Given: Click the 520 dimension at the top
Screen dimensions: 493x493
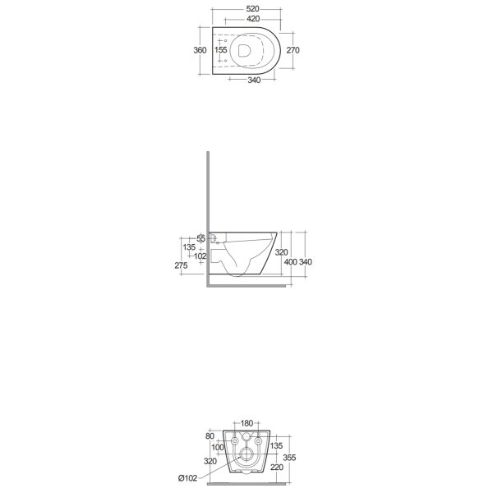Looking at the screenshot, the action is (x=252, y=9).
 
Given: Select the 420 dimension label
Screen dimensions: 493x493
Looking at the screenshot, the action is (x=253, y=19).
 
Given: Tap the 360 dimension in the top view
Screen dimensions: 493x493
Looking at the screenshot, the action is (x=200, y=50).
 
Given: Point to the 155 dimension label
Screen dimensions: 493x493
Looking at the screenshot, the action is (x=221, y=50).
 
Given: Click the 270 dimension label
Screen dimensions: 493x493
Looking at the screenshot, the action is (x=293, y=50).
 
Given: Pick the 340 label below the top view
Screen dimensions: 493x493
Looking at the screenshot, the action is (x=254, y=81).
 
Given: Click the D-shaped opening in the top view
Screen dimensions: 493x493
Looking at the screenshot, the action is (x=244, y=51).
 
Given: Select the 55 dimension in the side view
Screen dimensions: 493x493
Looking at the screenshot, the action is (x=201, y=238).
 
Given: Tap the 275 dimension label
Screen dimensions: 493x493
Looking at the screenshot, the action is (x=181, y=265).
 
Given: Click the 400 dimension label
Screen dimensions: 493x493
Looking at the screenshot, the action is (x=291, y=262).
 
